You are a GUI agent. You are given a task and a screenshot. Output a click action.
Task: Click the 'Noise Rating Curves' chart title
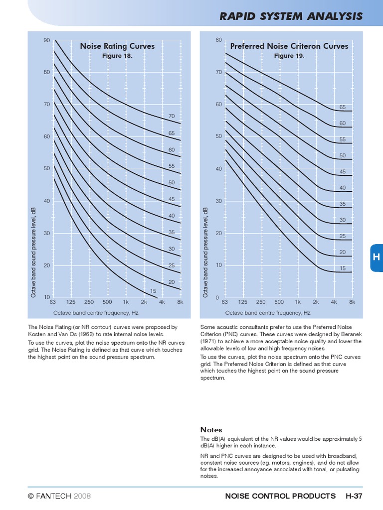coord(117,46)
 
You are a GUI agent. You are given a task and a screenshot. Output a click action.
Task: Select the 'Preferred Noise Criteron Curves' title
coord(287,46)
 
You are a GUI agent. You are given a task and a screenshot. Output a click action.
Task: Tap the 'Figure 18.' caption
coord(117,56)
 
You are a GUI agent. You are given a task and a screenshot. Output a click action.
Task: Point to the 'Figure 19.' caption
coord(289,56)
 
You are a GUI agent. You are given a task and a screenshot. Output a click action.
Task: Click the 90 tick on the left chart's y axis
coord(47,40)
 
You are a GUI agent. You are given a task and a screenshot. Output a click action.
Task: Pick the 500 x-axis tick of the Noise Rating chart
coord(107,302)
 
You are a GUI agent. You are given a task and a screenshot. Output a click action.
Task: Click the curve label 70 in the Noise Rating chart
coord(172,116)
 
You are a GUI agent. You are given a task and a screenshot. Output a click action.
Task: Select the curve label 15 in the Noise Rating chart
coord(153,291)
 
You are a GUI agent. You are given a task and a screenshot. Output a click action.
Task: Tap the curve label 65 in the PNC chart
coord(343,107)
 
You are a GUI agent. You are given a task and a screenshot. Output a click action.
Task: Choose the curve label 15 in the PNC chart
coord(343,268)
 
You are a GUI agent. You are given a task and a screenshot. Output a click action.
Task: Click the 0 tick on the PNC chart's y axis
coord(217,297)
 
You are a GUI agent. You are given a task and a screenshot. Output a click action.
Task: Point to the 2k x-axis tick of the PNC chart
coord(316,302)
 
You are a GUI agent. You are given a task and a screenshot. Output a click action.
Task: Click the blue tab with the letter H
coord(377,257)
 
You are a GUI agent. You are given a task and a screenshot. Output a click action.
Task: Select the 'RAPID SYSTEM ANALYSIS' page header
coord(291,16)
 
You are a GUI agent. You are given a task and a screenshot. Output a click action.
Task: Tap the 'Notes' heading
coord(211,430)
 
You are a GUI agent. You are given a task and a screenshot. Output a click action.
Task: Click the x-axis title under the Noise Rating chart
coord(96,313)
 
